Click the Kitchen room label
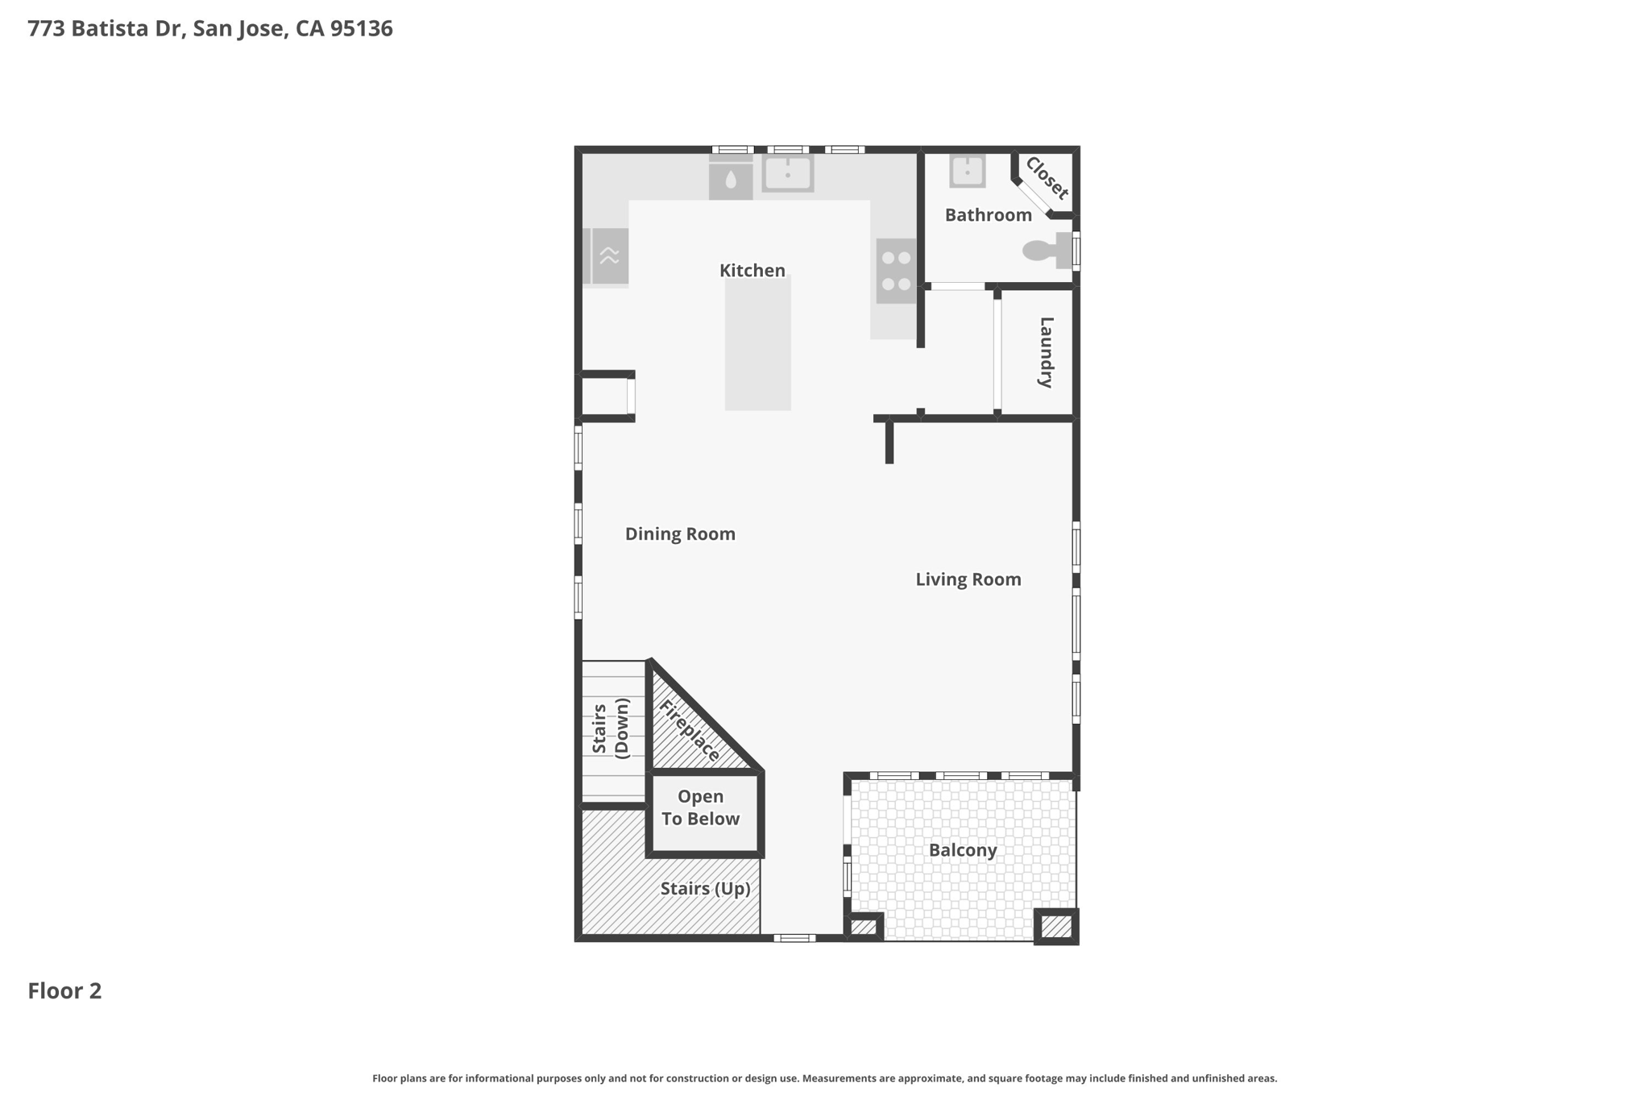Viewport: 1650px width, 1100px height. pyautogui.click(x=752, y=271)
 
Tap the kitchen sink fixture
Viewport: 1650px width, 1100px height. pyautogui.click(x=787, y=173)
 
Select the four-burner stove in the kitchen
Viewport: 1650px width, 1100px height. pyautogui.click(x=896, y=271)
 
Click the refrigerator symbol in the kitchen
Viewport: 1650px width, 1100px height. pyautogui.click(x=605, y=256)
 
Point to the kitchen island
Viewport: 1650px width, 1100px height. pyautogui.click(x=757, y=342)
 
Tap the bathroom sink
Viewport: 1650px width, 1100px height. pyautogui.click(x=967, y=171)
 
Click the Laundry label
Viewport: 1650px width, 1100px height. pyautogui.click(x=1046, y=352)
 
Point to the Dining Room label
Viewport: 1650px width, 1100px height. pyautogui.click(x=680, y=534)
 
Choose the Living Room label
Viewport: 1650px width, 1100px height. pyautogui.click(x=968, y=579)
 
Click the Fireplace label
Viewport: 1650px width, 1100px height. pyautogui.click(x=690, y=731)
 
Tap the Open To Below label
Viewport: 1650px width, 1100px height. pyautogui.click(x=700, y=807)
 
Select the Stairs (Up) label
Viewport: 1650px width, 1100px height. pyautogui.click(x=706, y=889)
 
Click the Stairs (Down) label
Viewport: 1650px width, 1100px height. pyautogui.click(x=610, y=728)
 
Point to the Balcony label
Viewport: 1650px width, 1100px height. pyautogui.click(x=963, y=850)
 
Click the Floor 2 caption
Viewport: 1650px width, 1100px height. pyautogui.click(x=64, y=991)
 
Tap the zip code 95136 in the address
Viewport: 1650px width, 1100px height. pyautogui.click(x=362, y=29)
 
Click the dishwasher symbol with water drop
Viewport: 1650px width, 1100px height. pyautogui.click(x=731, y=178)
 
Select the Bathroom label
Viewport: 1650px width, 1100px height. pyautogui.click(x=989, y=215)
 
